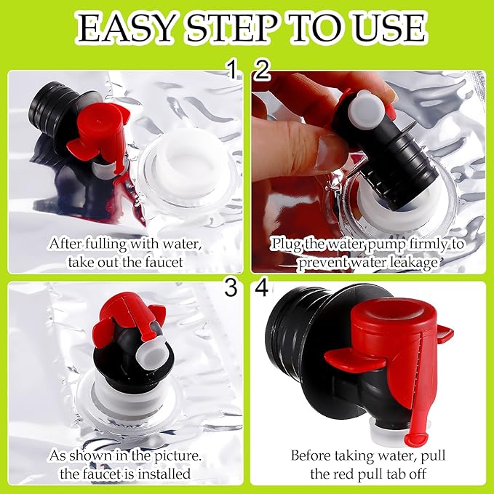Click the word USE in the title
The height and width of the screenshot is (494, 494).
point(390,28)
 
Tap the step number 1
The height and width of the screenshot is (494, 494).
point(232,69)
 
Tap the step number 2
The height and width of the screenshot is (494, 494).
point(262,70)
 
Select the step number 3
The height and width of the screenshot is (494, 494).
point(231,287)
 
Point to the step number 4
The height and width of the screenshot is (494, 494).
point(261,287)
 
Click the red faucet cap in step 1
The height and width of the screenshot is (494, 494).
point(100,132)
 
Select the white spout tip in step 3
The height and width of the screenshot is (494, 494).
point(151,353)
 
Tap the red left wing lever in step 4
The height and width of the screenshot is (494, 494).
point(355,360)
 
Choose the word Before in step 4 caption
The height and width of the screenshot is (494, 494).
point(311,455)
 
